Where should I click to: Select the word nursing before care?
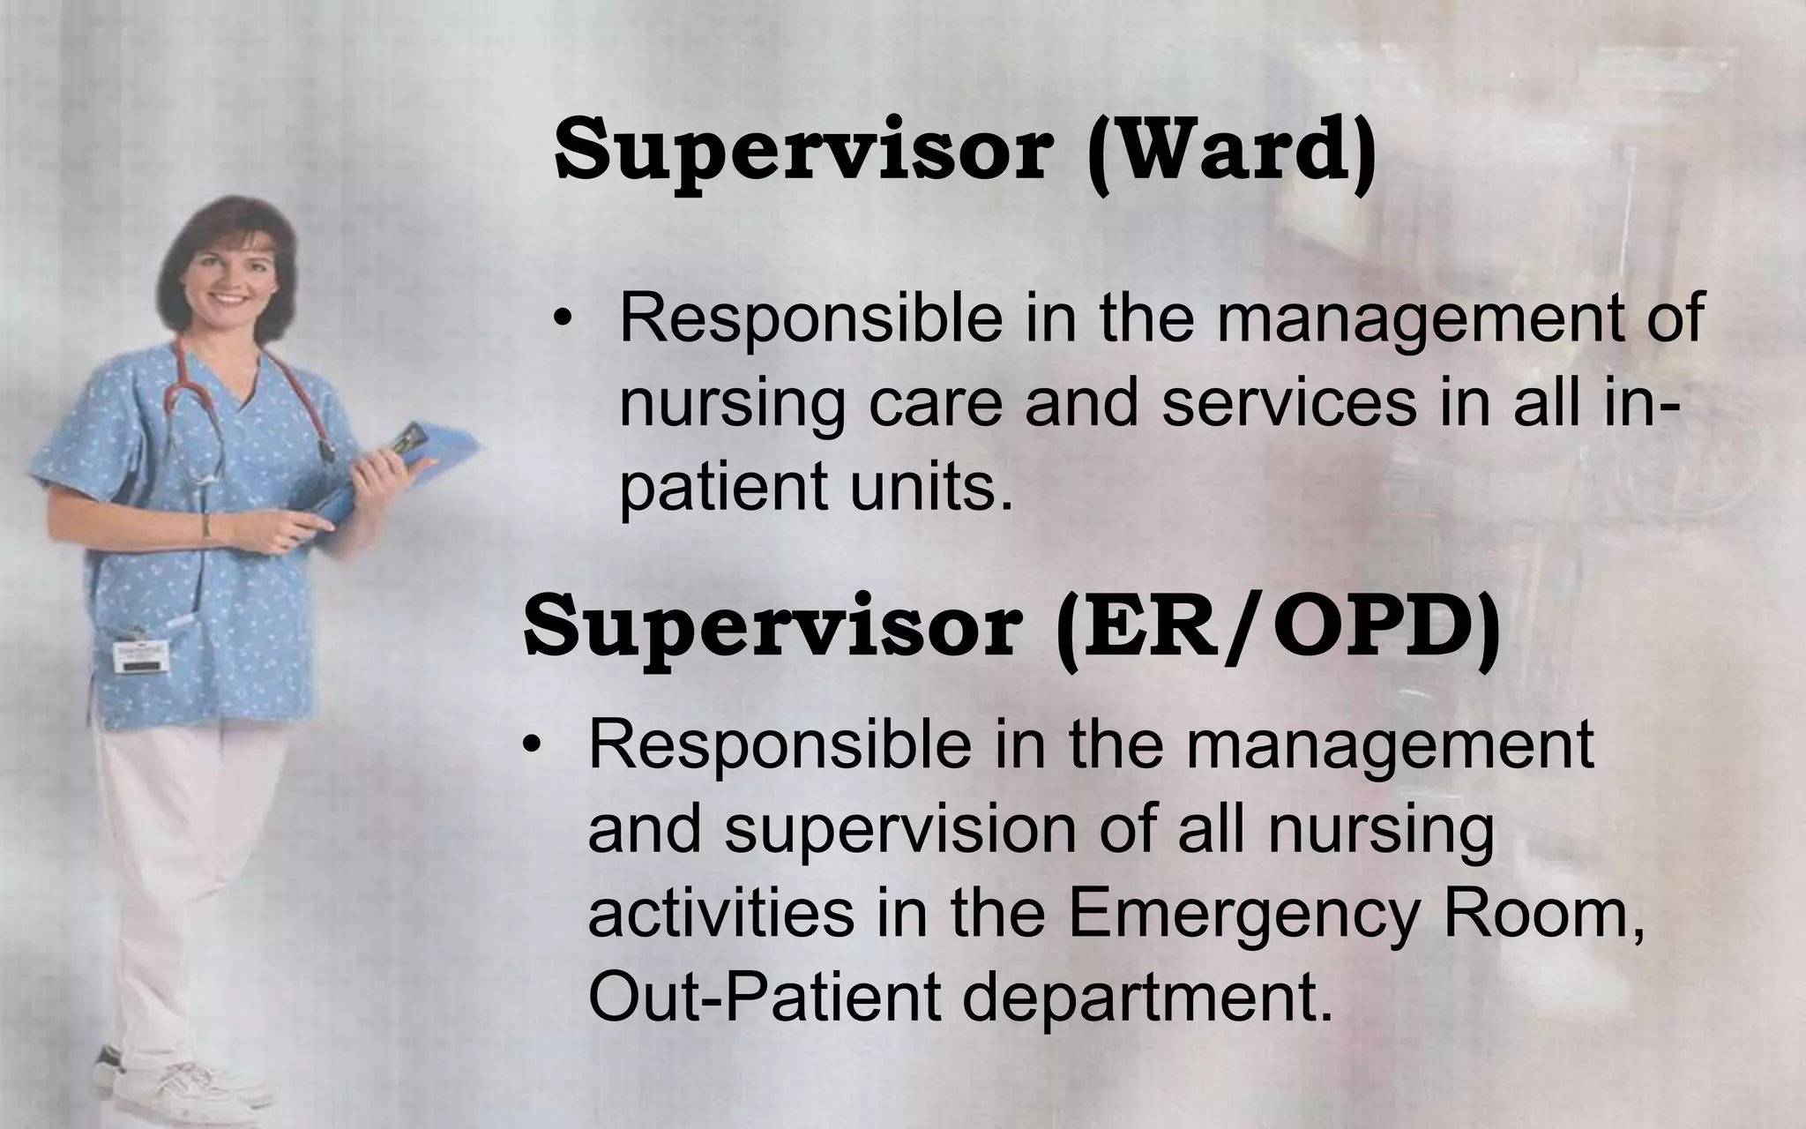[732, 404]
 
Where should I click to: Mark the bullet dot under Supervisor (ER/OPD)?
[530, 747]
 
